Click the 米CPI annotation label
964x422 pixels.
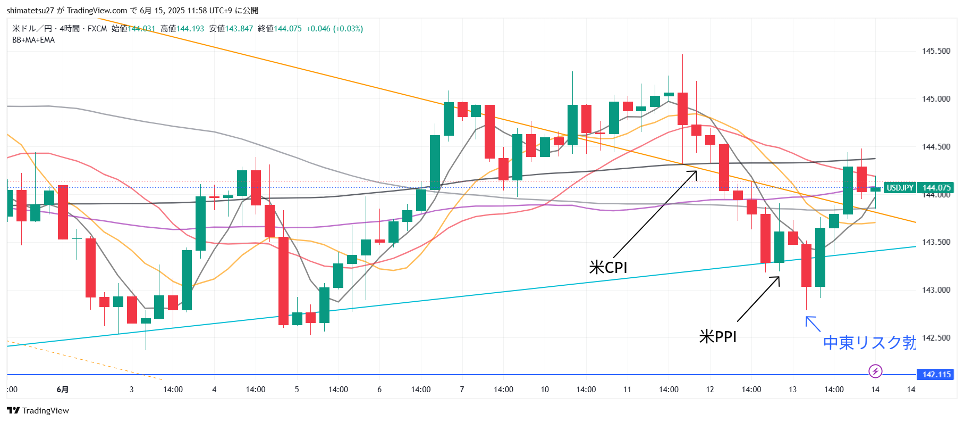pos(608,267)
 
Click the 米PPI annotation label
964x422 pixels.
pos(717,337)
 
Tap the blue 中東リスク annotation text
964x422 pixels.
pos(869,342)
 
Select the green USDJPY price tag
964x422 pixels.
pos(900,188)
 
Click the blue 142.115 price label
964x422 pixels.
pos(936,375)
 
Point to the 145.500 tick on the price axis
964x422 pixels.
pos(936,51)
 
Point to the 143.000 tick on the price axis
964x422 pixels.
pos(936,290)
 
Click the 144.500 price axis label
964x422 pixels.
pos(936,147)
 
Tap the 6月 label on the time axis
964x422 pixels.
pos(62,390)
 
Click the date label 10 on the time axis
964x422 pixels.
pos(545,390)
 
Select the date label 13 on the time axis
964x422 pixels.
pos(792,390)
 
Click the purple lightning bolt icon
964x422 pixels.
pos(875,371)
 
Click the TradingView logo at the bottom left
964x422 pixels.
pos(38,411)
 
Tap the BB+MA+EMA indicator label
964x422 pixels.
pos(33,40)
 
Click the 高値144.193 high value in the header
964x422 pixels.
pos(182,29)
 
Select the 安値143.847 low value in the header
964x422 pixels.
pos(231,29)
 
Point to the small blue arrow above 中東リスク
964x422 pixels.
pos(813,323)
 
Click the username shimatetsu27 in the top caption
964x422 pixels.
pos(30,11)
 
